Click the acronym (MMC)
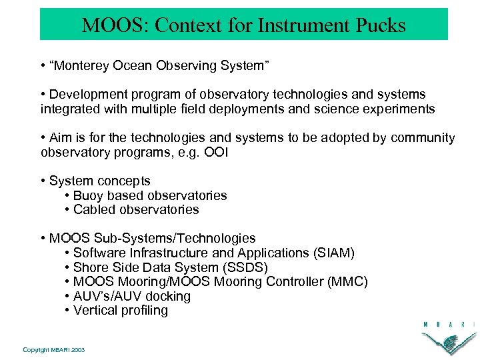point(347,281)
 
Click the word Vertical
point(95,310)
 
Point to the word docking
point(168,296)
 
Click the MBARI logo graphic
point(448,337)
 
